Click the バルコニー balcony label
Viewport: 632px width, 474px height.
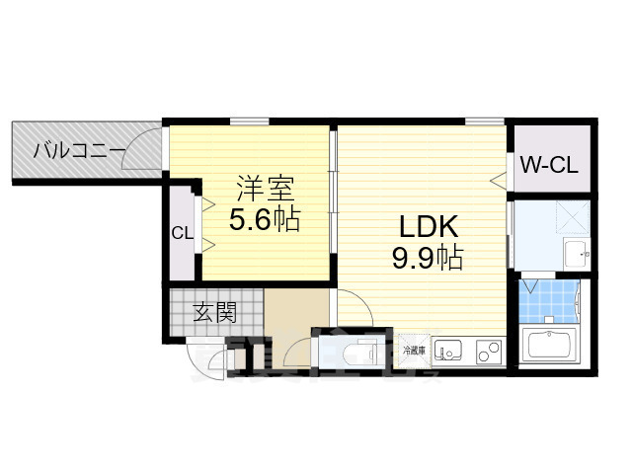[78, 151]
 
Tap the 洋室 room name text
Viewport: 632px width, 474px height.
[264, 187]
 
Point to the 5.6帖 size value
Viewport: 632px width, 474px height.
[264, 218]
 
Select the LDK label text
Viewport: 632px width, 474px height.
[429, 227]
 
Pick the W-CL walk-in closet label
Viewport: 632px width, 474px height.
[549, 165]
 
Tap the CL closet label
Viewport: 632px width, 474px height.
[181, 234]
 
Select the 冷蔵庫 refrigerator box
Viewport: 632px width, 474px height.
[415, 351]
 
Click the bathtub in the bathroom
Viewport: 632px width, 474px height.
[552, 347]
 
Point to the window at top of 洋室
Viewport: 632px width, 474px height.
[250, 121]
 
